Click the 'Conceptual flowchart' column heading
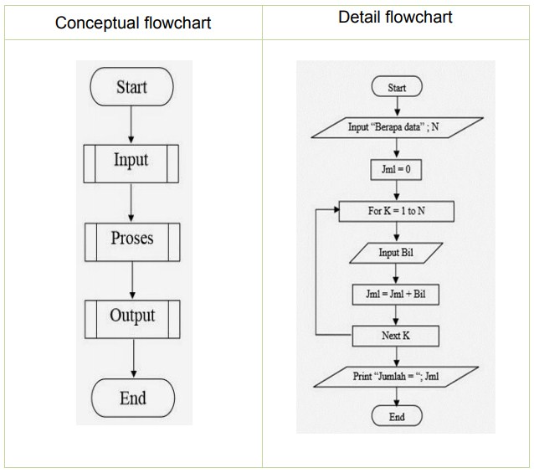click(133, 23)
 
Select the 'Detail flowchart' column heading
click(396, 17)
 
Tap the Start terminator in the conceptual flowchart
click(131, 88)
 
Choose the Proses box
click(131, 239)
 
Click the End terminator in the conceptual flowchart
click(131, 398)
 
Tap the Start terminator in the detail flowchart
click(397, 87)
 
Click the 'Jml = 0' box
click(397, 169)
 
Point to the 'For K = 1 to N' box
click(397, 211)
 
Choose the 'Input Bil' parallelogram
click(397, 253)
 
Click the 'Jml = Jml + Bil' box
click(397, 295)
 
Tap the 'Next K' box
click(397, 336)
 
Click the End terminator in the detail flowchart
click(397, 417)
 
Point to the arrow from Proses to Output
click(132, 278)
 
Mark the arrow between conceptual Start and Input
click(132, 124)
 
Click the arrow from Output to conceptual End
click(132, 357)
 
